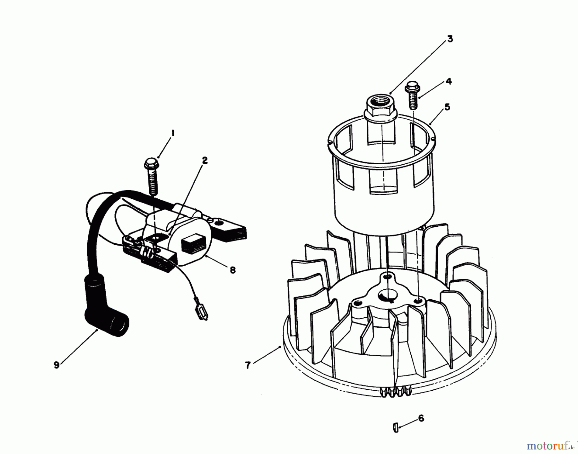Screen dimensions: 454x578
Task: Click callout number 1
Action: click(172, 133)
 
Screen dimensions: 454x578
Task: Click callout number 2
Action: click(205, 160)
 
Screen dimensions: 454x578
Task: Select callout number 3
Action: click(450, 39)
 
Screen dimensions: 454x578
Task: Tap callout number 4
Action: click(449, 81)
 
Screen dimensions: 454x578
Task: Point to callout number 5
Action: click(447, 107)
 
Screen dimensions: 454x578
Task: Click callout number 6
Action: click(421, 418)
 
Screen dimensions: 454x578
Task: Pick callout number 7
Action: click(248, 366)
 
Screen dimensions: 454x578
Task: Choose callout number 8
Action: click(232, 270)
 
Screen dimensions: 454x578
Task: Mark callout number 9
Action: click(57, 365)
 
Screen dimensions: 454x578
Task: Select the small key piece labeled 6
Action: click(396, 427)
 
